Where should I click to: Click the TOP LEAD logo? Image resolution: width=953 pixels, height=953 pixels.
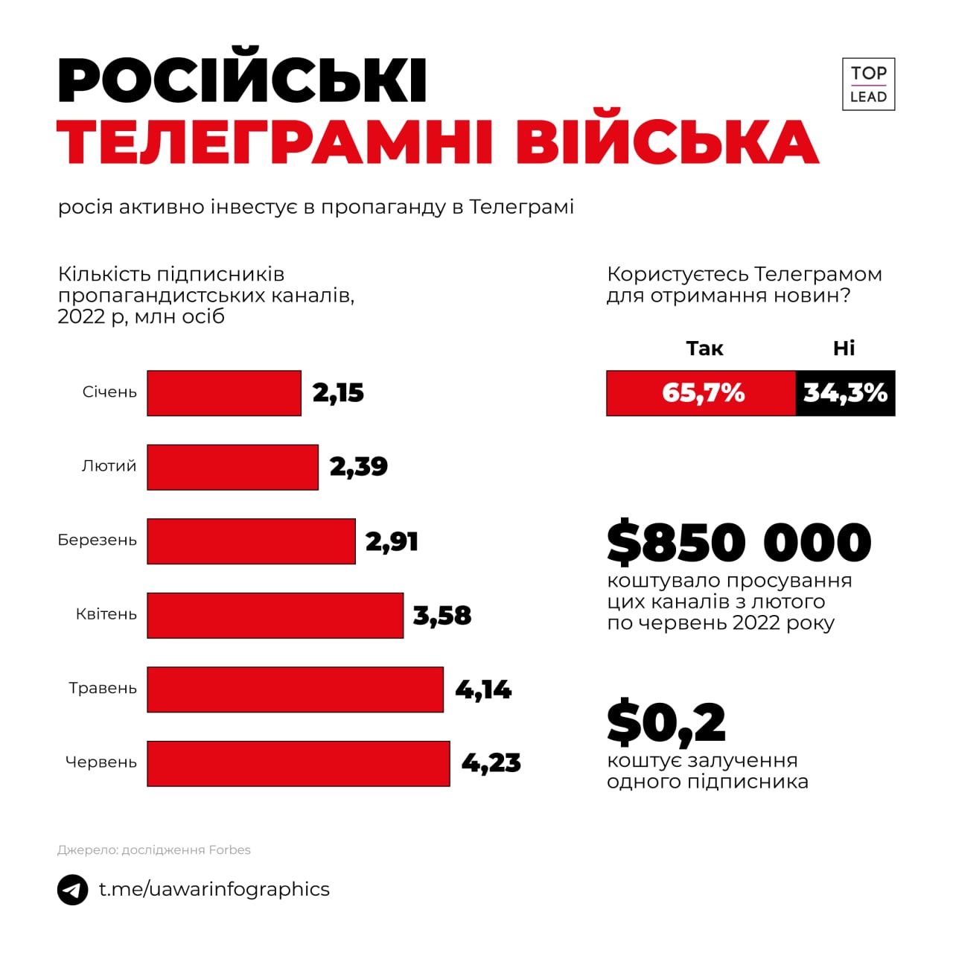click(868, 84)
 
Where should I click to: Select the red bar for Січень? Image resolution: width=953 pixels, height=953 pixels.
click(224, 393)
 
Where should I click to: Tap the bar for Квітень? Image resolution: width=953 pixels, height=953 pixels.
click(275, 616)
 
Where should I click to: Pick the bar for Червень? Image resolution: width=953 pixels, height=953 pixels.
click(299, 763)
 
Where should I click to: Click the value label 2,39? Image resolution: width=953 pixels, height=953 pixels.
click(358, 467)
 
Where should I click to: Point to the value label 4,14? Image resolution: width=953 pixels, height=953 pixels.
click(483, 689)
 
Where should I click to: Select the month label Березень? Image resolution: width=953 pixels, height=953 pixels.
click(98, 540)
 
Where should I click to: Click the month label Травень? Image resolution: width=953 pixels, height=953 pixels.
click(103, 688)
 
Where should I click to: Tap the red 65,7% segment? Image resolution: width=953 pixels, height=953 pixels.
click(701, 393)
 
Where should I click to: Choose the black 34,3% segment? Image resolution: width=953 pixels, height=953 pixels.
click(845, 393)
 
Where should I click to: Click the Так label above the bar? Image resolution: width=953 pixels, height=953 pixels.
click(704, 348)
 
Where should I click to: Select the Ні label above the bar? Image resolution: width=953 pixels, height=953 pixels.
click(844, 348)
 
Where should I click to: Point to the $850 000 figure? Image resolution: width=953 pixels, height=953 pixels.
click(739, 542)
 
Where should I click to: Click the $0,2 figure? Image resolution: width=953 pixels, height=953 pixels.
click(666, 723)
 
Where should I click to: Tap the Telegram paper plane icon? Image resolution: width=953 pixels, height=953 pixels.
click(73, 890)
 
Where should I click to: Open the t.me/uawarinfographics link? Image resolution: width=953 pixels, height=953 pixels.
click(214, 889)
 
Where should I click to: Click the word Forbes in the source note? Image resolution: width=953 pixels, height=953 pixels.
click(229, 850)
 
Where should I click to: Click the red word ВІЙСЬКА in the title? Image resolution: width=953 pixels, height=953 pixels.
click(667, 141)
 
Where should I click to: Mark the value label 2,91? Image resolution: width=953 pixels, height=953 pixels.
click(392, 541)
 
